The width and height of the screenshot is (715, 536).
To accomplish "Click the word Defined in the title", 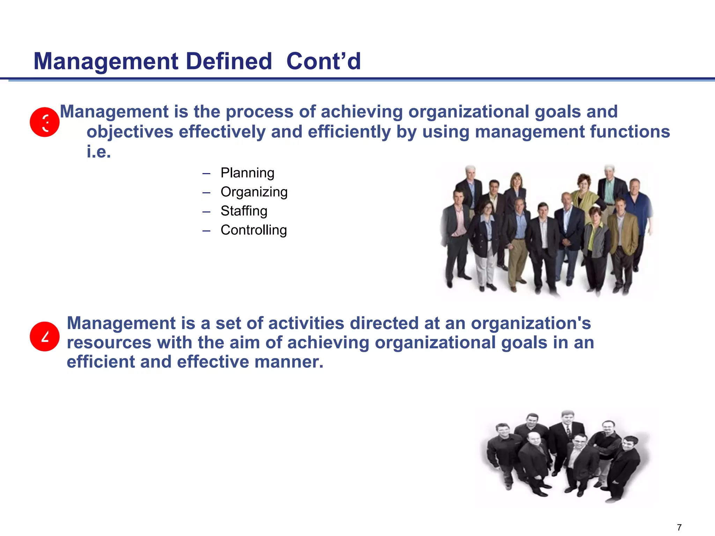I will coord(229,61).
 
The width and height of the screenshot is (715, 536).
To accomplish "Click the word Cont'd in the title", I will coord(323,61).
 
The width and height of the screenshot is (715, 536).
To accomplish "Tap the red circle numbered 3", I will coord(45,122).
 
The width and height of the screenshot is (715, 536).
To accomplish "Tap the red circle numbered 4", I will coord(45,336).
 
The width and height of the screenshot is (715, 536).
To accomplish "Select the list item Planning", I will coord(247,173).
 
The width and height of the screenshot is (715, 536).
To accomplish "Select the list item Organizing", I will coord(254,192).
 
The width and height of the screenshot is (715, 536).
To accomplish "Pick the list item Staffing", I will coord(244,211).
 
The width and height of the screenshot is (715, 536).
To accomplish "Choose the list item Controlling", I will coord(253,230).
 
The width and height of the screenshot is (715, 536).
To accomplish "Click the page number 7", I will coord(679,527).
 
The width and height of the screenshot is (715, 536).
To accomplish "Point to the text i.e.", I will coord(99,152).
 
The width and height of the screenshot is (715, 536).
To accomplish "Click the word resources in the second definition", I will coord(109,343).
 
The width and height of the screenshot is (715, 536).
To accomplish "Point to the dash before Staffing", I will coord(206,211).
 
